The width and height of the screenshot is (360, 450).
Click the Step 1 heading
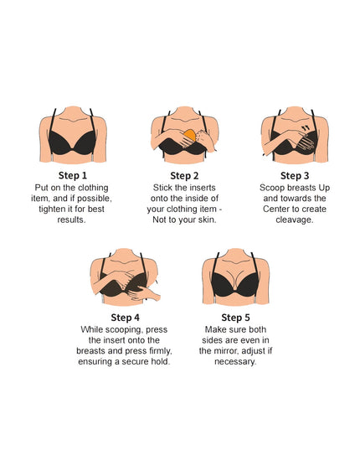point(73,175)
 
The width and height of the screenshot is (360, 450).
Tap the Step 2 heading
point(182,175)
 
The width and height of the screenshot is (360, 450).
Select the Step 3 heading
point(294,175)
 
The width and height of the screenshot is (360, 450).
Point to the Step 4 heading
point(126,318)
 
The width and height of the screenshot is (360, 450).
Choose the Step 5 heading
point(235,318)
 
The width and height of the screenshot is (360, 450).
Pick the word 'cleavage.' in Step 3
point(294,220)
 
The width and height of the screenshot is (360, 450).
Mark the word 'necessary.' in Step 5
point(236,362)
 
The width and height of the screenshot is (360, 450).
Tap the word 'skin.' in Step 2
point(209,220)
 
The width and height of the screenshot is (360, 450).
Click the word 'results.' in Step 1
point(73,220)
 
